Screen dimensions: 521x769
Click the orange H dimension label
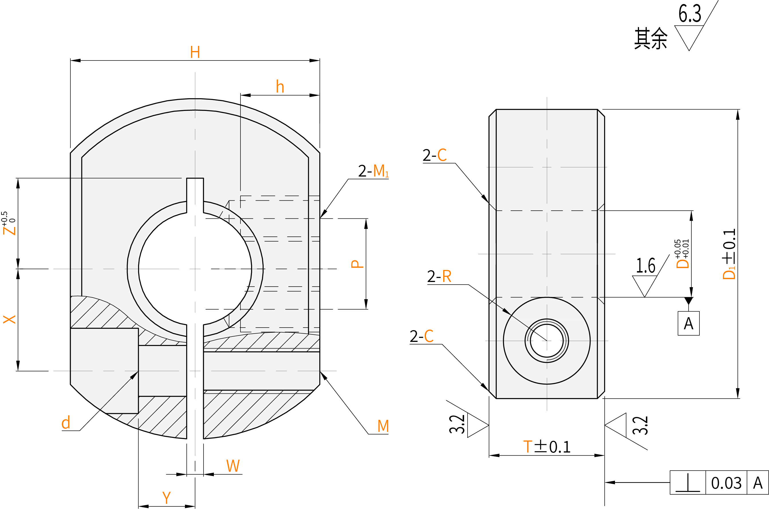tap(195, 52)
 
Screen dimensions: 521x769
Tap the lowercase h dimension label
tap(280, 87)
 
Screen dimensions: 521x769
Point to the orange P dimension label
tap(357, 264)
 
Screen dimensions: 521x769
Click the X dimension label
tap(9, 319)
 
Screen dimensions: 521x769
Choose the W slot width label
tap(233, 466)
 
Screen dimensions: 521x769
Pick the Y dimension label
tap(166, 498)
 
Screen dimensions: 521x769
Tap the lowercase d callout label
tap(66, 423)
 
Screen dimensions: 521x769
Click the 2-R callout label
tap(439, 276)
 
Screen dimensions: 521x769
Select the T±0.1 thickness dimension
tap(547, 447)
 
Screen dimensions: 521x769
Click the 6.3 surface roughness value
tap(690, 14)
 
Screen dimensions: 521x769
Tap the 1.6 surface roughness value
tap(645, 266)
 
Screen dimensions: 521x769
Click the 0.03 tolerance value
tap(726, 483)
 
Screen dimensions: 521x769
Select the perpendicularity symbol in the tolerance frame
tap(688, 483)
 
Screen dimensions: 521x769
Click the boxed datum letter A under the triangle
tap(689, 324)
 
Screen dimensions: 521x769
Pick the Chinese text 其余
tap(650, 38)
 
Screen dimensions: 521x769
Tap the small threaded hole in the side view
tap(547, 340)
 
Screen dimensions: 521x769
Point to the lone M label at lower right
tap(383, 426)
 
